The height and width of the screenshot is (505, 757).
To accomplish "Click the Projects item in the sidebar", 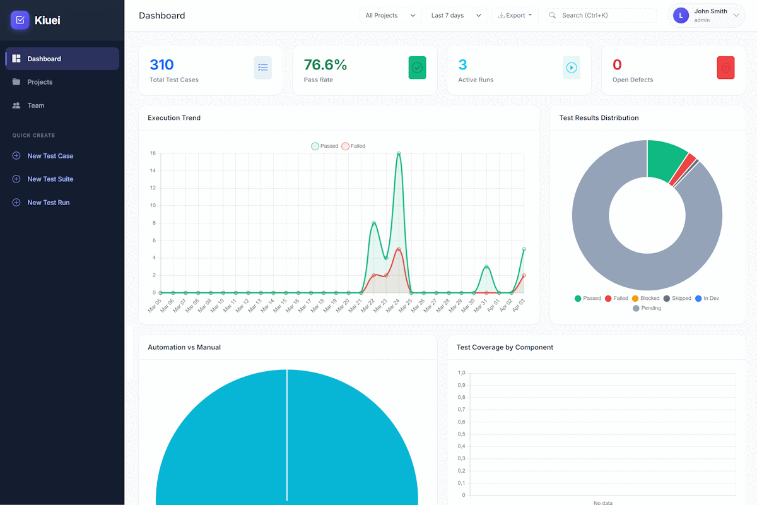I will (x=40, y=82).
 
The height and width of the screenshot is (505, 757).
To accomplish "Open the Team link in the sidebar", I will (x=35, y=105).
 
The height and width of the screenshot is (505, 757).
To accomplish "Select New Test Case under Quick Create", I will (x=50, y=156).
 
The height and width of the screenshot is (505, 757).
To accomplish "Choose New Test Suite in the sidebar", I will (x=50, y=179).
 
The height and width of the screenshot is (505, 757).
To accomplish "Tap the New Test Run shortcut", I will (x=48, y=203).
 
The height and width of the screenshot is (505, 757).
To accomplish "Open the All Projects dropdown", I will (x=390, y=15).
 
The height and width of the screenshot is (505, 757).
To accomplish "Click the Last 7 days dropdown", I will (x=455, y=15).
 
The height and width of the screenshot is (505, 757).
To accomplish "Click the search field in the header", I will (x=606, y=15).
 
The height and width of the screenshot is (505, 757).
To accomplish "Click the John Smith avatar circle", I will (x=681, y=16).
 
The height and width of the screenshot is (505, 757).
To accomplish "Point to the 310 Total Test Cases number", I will (x=161, y=64).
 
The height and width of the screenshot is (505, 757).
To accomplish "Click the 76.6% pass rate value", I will (x=326, y=64).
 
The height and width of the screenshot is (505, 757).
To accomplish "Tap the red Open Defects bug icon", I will (x=725, y=68).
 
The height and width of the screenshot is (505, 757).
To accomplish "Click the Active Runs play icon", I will (x=572, y=68).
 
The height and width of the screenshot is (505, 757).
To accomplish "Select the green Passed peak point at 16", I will (x=399, y=153).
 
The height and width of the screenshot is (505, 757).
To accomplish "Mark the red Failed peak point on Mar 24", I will (x=399, y=249).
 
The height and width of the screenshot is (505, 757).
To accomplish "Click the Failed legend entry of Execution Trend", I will (x=353, y=146).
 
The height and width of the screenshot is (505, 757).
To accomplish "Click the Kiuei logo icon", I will (x=20, y=20).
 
